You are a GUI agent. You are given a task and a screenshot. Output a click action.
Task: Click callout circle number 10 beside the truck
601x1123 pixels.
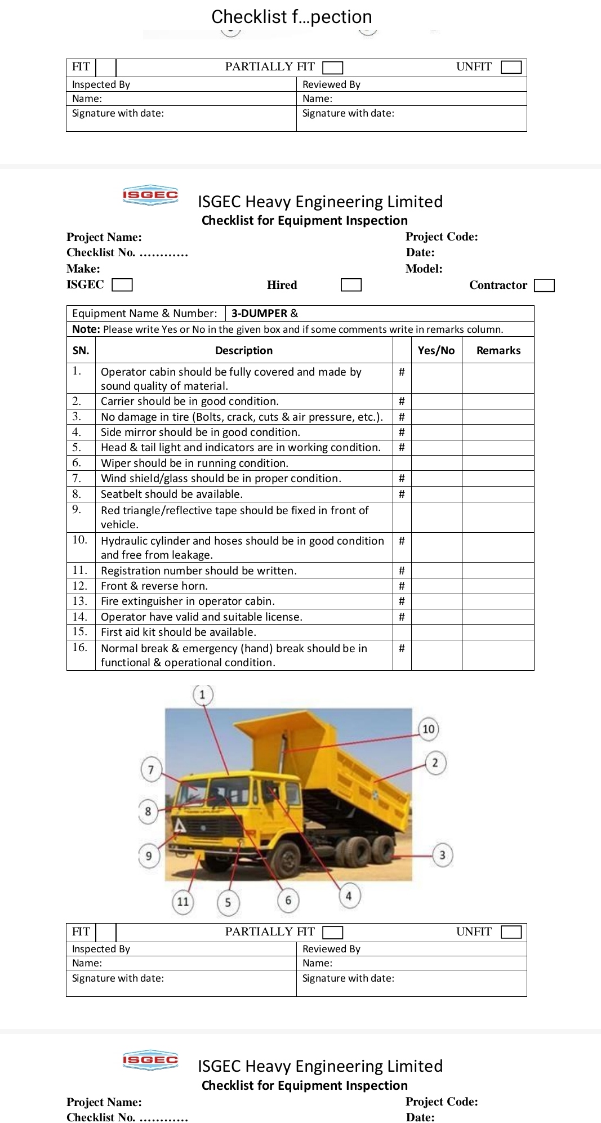(x=428, y=729)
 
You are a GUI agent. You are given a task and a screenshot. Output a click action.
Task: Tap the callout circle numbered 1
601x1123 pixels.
(x=203, y=694)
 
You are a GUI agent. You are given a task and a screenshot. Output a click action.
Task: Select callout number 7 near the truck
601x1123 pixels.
(x=151, y=769)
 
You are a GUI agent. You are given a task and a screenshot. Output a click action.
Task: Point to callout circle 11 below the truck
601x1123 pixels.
(x=182, y=902)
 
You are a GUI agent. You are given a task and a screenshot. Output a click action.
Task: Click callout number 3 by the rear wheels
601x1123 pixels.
(x=442, y=855)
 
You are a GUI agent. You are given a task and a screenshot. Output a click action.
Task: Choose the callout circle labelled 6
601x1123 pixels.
(x=288, y=900)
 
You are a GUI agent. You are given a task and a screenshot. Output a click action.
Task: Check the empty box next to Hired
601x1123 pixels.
(x=351, y=285)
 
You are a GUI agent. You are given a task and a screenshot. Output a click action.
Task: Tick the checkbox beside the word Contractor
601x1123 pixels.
(x=544, y=285)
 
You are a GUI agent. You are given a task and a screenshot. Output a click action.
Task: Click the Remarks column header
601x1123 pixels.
(x=498, y=350)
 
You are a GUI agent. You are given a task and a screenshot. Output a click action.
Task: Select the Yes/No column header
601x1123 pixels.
(x=436, y=350)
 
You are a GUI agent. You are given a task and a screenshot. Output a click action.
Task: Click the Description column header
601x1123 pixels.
(x=243, y=350)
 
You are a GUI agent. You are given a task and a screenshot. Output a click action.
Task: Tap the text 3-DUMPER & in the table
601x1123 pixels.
(x=264, y=313)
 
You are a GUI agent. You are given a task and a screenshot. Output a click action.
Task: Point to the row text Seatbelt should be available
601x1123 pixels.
(x=171, y=494)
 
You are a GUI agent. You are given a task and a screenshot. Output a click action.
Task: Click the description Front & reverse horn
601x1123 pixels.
(x=154, y=586)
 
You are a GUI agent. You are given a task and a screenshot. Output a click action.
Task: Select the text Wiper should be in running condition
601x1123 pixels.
(x=194, y=463)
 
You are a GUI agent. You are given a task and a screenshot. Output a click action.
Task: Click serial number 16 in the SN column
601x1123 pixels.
(x=80, y=648)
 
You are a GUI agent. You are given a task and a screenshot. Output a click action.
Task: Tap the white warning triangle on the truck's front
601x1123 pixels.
(x=180, y=826)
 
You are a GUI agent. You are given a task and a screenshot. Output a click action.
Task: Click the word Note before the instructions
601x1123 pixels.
(x=86, y=329)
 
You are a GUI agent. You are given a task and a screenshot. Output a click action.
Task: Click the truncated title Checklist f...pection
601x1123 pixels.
(x=291, y=17)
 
